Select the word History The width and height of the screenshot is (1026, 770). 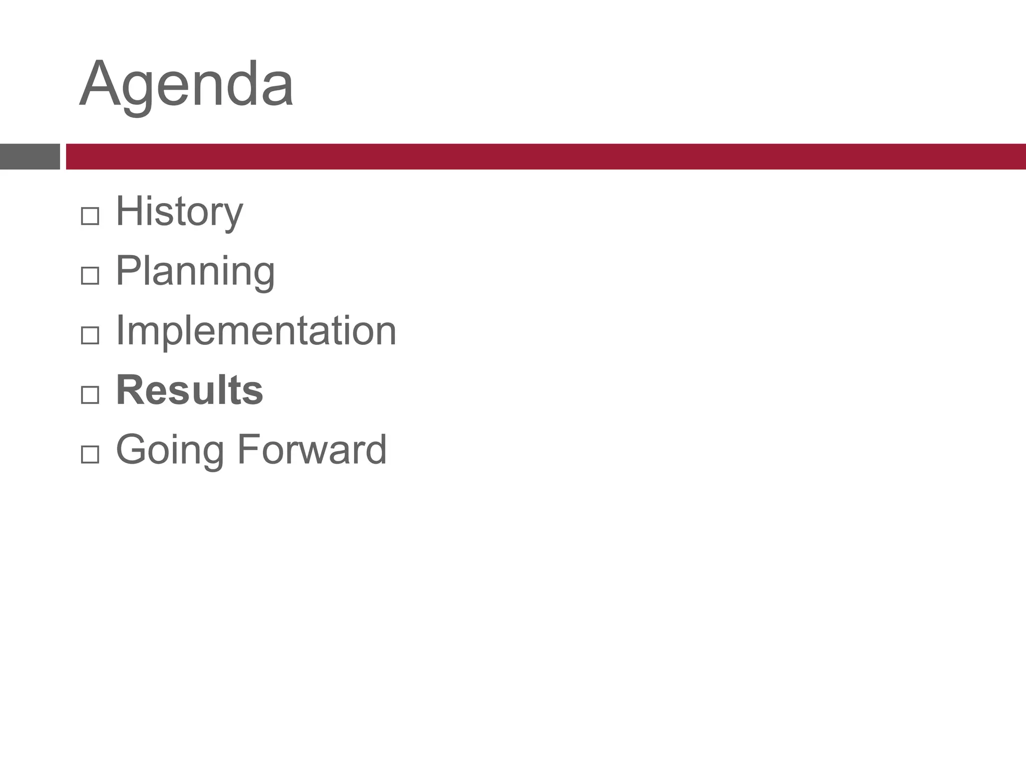[x=179, y=212]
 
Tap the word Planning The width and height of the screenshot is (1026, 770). [x=195, y=271]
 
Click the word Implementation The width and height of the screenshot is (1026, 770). [x=256, y=331]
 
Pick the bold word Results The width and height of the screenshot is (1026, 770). [x=189, y=390]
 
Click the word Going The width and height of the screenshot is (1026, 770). [x=170, y=450]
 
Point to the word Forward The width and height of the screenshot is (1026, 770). [x=312, y=450]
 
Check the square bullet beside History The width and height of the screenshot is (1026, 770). [x=90, y=217]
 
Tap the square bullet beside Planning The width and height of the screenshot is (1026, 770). [x=90, y=276]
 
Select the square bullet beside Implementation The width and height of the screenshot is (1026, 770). [x=90, y=335]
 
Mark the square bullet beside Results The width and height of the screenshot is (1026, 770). [x=90, y=395]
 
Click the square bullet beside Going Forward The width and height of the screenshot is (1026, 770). [x=90, y=454]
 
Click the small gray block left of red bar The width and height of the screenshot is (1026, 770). [x=30, y=156]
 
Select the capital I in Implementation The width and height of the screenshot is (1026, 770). [x=120, y=330]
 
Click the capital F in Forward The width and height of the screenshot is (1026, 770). [x=248, y=449]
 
